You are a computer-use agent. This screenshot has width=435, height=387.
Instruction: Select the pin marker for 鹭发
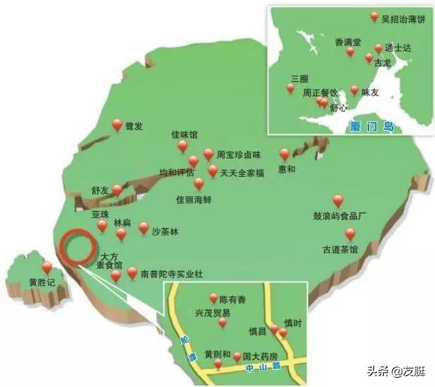click(118, 125)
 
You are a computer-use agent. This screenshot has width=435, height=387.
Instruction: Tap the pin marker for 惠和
click(285, 154)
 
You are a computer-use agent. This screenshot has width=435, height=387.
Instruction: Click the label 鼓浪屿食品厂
click(337, 215)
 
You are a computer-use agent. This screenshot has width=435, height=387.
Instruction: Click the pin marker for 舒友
click(118, 190)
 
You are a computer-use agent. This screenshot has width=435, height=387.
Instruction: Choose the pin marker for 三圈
click(290, 89)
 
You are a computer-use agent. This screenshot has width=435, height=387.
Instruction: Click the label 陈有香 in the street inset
click(232, 299)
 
